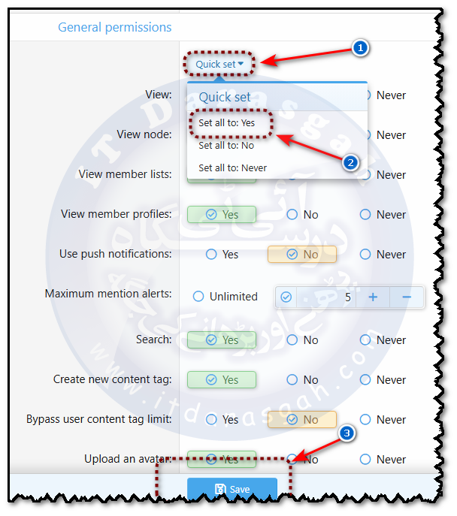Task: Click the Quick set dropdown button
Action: (x=219, y=64)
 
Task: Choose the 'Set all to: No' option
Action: (x=225, y=146)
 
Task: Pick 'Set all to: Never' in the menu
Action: (x=232, y=168)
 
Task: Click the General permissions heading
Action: (x=114, y=28)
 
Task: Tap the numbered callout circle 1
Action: (x=361, y=48)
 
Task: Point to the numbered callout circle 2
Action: (x=348, y=162)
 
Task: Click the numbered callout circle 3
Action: (x=347, y=433)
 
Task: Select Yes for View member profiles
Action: (x=222, y=215)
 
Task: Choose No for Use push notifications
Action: (x=302, y=255)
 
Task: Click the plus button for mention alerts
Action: (x=372, y=297)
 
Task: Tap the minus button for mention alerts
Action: (x=407, y=297)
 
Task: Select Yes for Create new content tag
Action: (x=222, y=380)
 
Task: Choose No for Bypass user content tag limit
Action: (x=302, y=420)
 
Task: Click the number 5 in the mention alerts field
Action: (x=347, y=297)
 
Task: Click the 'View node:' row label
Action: (x=144, y=134)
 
